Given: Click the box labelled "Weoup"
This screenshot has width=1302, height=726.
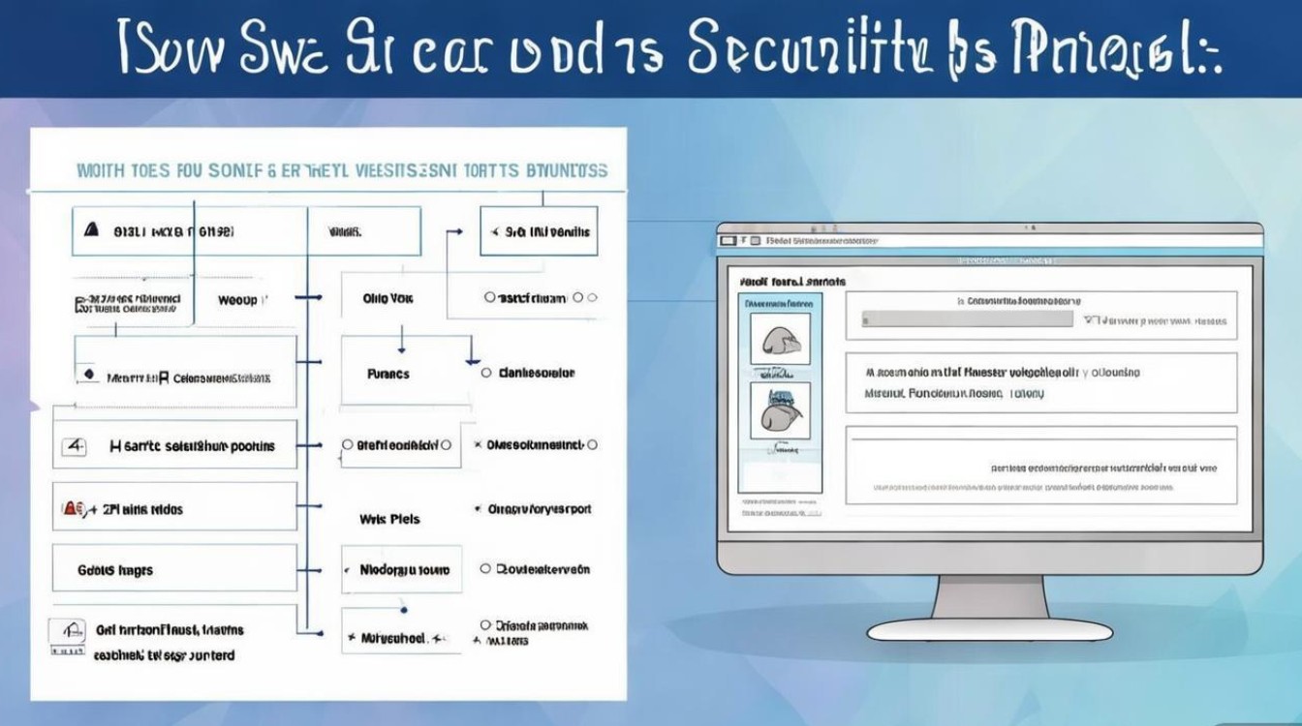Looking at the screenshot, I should click(237, 300).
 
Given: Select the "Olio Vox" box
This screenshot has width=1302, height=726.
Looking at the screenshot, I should click(388, 299).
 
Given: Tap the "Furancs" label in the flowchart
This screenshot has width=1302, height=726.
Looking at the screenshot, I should click(387, 374).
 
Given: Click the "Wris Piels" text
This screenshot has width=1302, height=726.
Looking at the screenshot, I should click(389, 519).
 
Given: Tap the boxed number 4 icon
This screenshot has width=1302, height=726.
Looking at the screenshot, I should click(75, 446).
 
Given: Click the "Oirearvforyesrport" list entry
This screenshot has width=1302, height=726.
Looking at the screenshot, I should click(540, 509).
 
